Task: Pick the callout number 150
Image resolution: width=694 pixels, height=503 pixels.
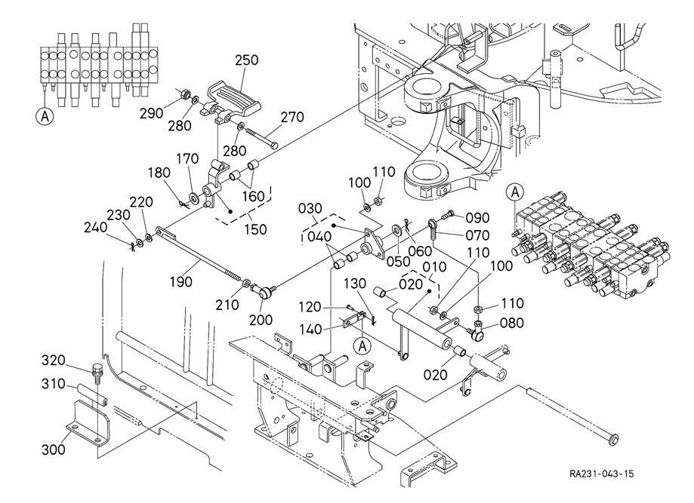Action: point(255,228)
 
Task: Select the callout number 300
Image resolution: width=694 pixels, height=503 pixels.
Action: point(53,450)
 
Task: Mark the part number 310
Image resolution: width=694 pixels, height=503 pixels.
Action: point(53,384)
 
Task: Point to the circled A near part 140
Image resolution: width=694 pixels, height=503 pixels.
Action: point(362,345)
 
